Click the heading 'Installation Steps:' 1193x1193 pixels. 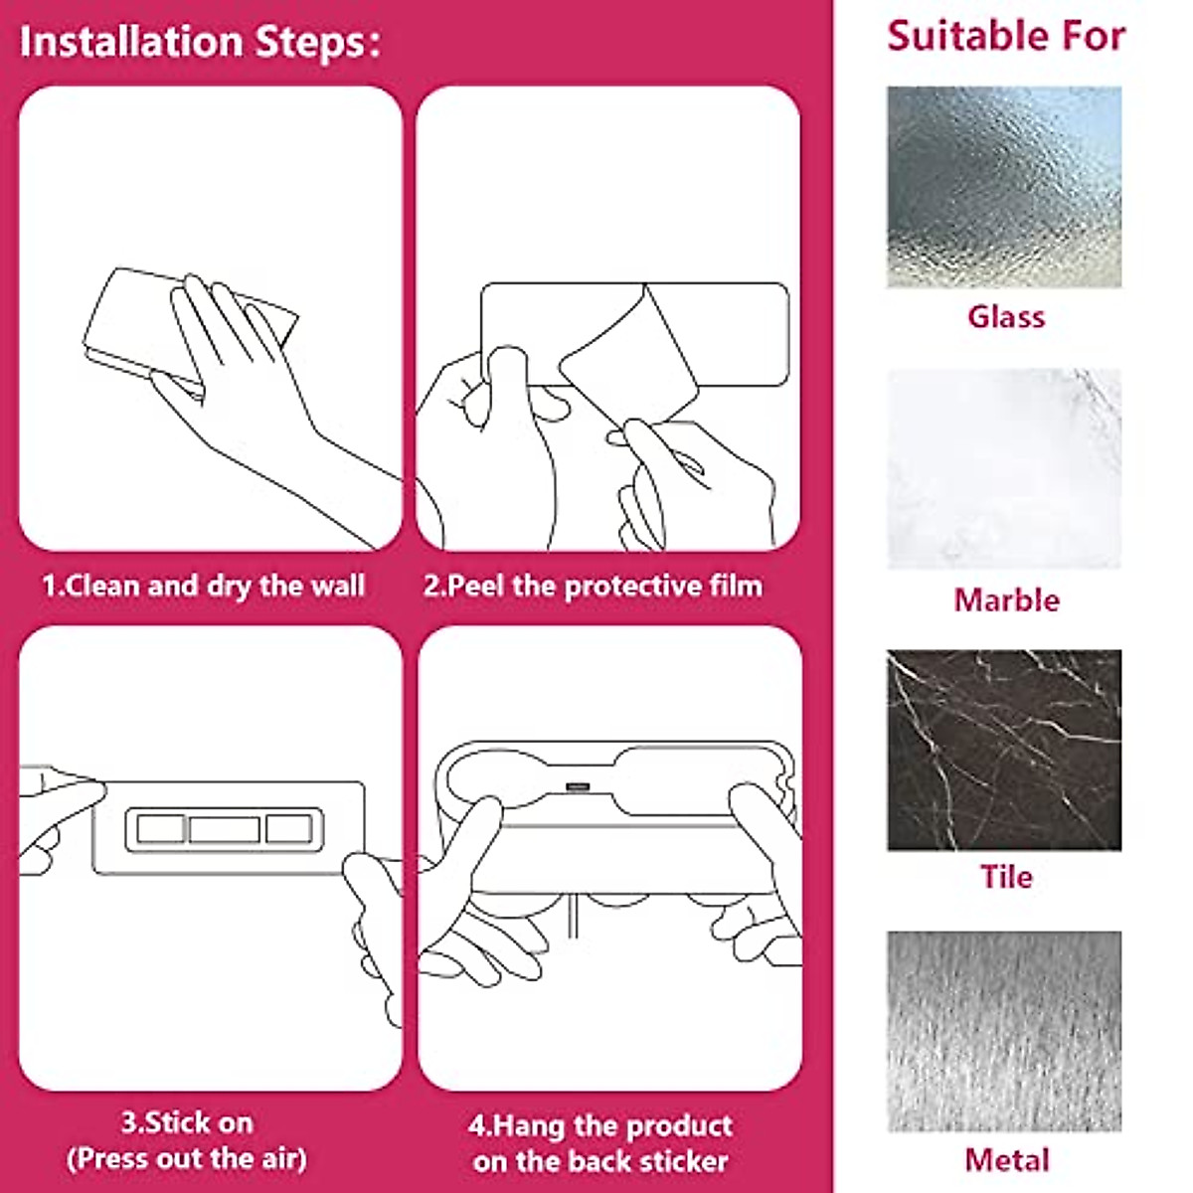coord(200,43)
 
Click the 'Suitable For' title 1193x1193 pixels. coord(1005,37)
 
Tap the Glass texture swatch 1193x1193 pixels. coord(1004,187)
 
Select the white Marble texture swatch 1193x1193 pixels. coord(1004,469)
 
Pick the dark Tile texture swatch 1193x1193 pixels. coord(1004,751)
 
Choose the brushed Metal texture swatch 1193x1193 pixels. coord(1004,1031)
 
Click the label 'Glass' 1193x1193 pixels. coord(1006,317)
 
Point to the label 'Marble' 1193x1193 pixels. coord(1006,600)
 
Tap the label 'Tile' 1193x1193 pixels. coord(1006,877)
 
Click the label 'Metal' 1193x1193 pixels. coord(1006,1159)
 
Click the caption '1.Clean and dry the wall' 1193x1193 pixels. coord(204,586)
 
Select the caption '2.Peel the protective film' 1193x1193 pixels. coord(594,586)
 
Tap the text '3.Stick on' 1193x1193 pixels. coord(187,1123)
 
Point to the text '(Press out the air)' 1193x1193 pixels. coord(187,1158)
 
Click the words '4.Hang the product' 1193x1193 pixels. coord(600,1126)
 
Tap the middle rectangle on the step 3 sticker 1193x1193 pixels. coord(224,829)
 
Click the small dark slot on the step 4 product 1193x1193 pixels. coord(578,787)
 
